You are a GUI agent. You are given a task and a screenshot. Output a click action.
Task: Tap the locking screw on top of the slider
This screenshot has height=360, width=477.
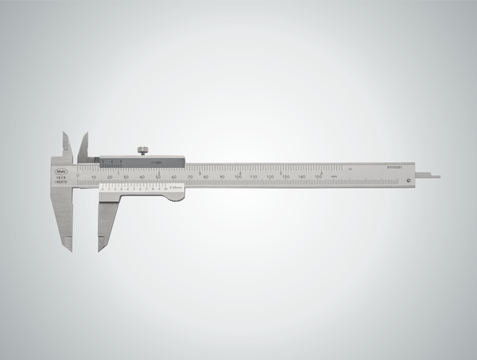[x=142, y=150]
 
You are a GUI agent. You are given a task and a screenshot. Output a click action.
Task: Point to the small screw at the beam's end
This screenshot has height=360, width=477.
[x=409, y=180]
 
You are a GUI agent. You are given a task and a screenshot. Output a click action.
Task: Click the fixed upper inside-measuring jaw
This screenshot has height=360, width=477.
[x=65, y=146]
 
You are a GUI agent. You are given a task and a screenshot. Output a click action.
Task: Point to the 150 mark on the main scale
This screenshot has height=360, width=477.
[x=318, y=176]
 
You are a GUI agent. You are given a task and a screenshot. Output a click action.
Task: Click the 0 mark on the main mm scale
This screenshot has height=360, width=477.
[x=78, y=176]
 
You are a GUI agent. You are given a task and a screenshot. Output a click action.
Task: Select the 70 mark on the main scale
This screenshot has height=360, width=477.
[x=190, y=176]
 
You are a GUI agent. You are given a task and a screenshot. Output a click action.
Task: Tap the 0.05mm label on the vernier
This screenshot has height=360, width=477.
[x=176, y=188]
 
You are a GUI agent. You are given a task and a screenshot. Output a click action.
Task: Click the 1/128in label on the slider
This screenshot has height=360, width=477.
[x=155, y=162]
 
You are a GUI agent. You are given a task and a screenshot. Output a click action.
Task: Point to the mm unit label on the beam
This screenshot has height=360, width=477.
[x=335, y=176]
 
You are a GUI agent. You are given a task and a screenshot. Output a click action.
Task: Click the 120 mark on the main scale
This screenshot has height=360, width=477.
[x=270, y=176]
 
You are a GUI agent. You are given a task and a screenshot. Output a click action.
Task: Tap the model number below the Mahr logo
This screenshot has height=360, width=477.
[x=60, y=180]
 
